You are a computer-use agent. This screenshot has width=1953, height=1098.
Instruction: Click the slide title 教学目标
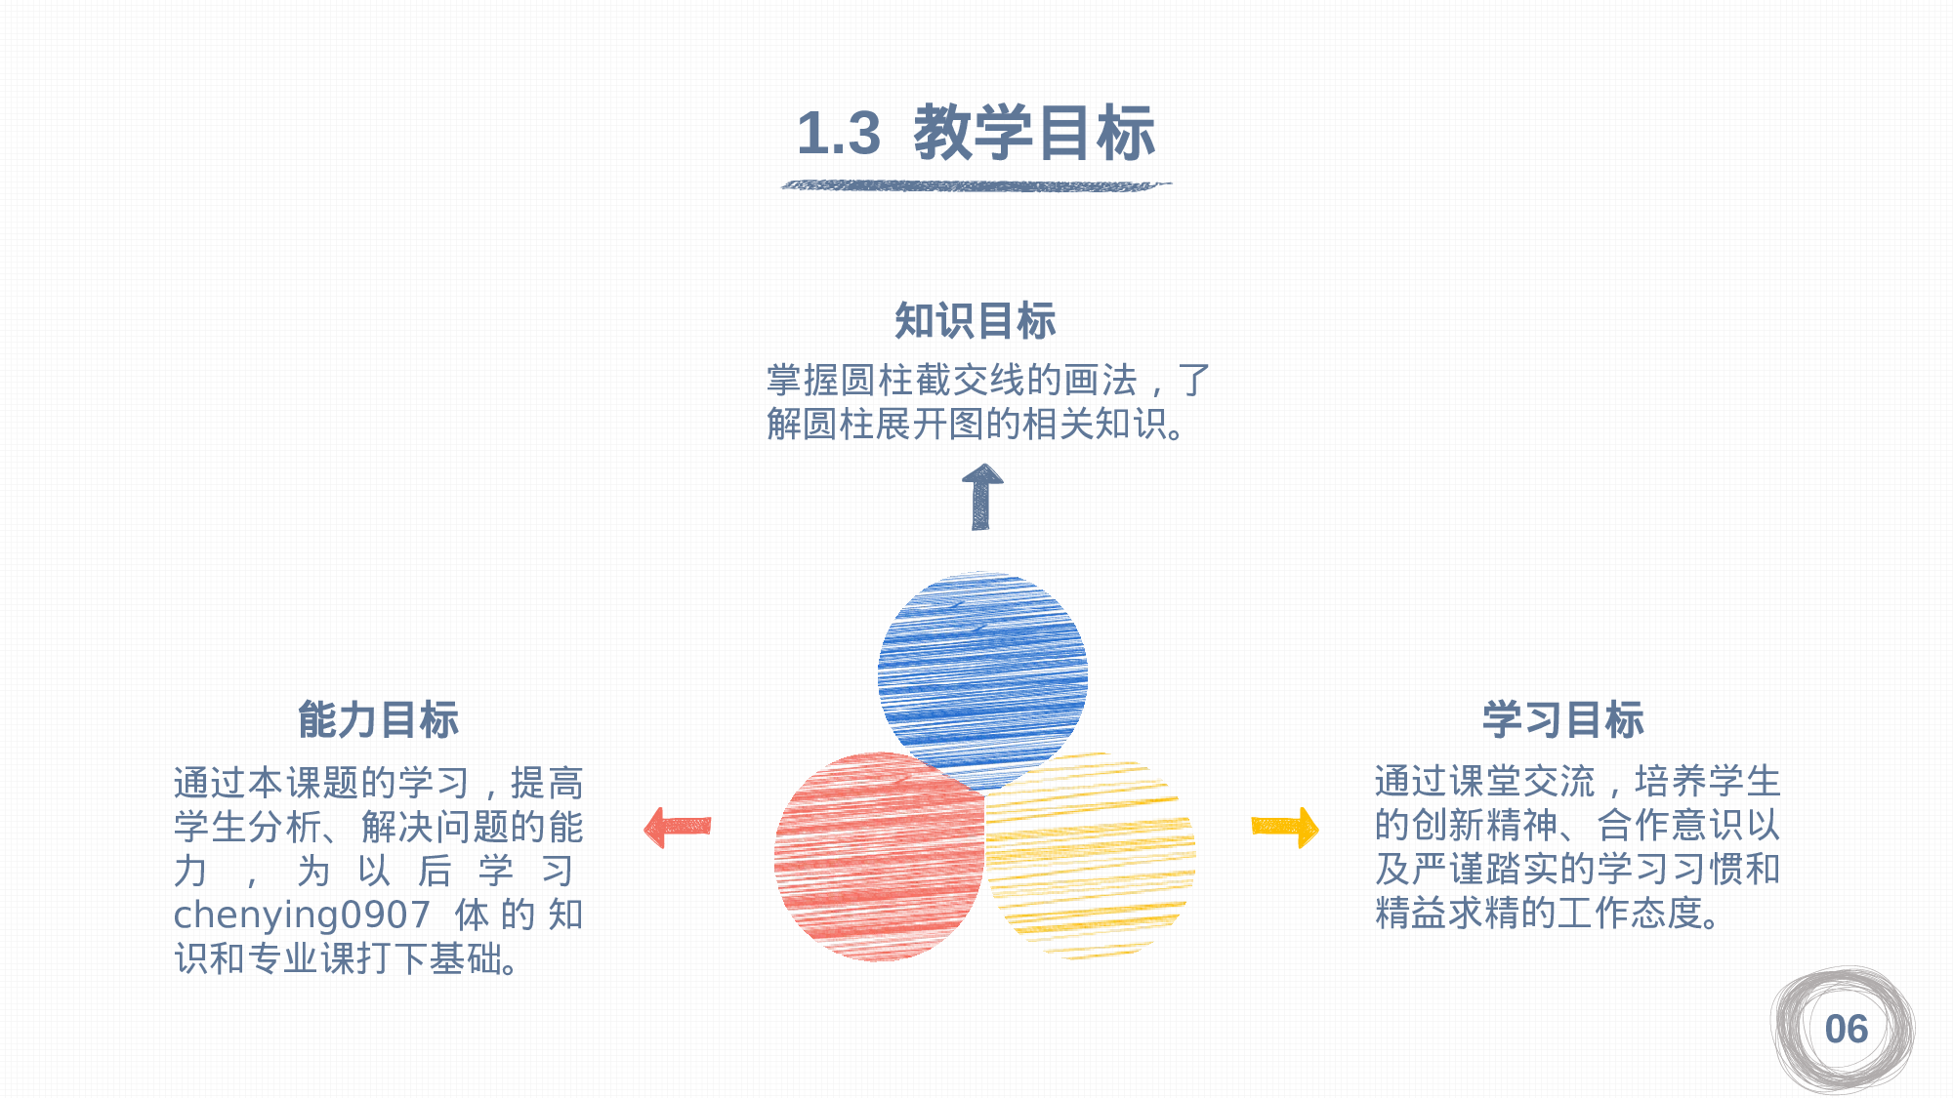pyautogui.click(x=1033, y=133)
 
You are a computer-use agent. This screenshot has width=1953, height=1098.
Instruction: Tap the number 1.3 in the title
pyautogui.click(x=838, y=134)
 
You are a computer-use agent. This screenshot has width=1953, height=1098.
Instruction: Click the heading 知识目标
pyautogui.click(x=976, y=321)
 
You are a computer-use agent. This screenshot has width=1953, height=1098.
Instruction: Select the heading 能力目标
pyautogui.click(x=378, y=720)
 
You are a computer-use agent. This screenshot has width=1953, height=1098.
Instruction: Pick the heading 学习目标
pyautogui.click(x=1562, y=720)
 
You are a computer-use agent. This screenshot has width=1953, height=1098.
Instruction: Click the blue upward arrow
pyautogui.click(x=981, y=497)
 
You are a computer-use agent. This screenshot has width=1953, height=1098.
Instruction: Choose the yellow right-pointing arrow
pyautogui.click(x=1285, y=827)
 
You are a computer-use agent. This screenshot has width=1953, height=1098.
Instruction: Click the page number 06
pyautogui.click(x=1846, y=1030)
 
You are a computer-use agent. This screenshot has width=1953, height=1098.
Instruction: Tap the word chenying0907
pyautogui.click(x=302, y=915)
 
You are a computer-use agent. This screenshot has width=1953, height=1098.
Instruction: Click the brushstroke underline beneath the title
pyautogui.click(x=976, y=184)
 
